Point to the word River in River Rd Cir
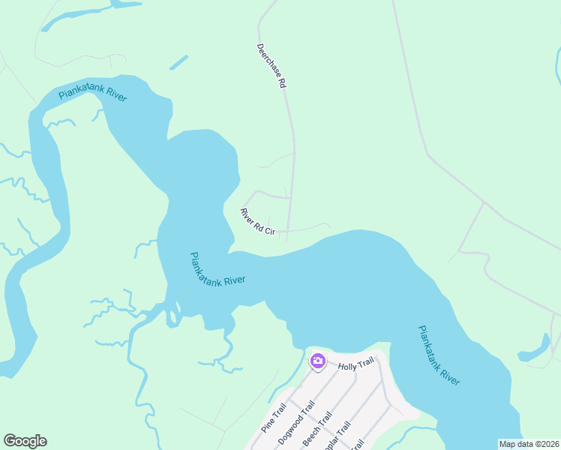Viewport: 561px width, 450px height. [x=247, y=214]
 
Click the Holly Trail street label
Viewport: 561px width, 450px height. [x=355, y=365]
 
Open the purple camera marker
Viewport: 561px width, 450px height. [x=317, y=361]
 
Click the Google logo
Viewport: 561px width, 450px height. [x=25, y=441]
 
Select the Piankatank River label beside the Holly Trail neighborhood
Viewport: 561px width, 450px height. [x=438, y=355]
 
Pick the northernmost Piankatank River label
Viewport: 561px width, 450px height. [x=93, y=96]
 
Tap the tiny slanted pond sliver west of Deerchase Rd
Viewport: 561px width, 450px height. [x=178, y=62]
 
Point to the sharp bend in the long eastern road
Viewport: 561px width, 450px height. [x=427, y=156]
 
